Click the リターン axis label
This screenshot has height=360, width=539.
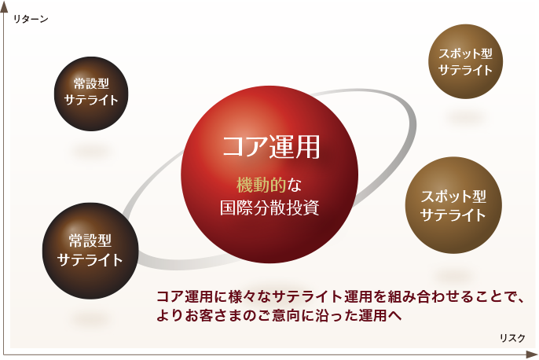pyautogui.click(x=31, y=19)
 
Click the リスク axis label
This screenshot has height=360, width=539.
pyautogui.click(x=512, y=338)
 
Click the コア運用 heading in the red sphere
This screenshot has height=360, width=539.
pyautogui.click(x=271, y=147)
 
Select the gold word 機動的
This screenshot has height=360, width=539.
pyautogui.click(x=261, y=186)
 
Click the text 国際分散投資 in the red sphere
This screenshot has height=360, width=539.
pyautogui.click(x=269, y=208)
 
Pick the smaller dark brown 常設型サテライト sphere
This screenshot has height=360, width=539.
pyautogui.click(x=91, y=94)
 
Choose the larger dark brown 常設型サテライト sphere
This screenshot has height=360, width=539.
pyautogui.click(x=90, y=251)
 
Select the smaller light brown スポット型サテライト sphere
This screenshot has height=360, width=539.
pyautogui.click(x=465, y=61)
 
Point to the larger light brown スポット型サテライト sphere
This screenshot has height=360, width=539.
pyautogui.click(x=453, y=205)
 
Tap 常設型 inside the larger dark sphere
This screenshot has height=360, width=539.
pyautogui.click(x=90, y=241)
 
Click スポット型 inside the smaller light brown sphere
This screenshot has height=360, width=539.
pyautogui.click(x=465, y=53)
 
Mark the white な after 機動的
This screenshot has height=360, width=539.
pyautogui.click(x=294, y=186)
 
